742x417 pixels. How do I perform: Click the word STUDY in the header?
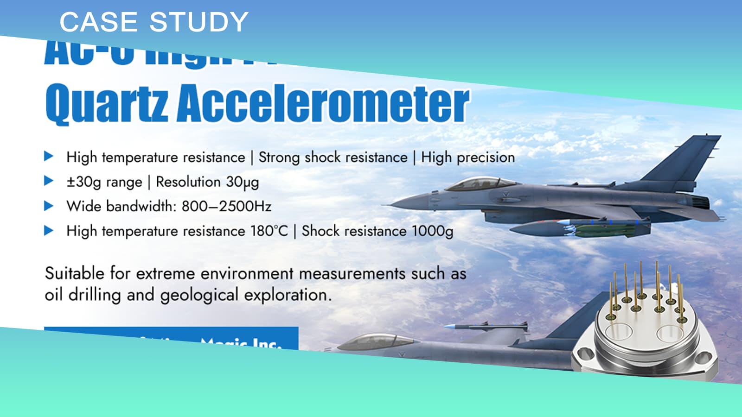pyautogui.click(x=199, y=22)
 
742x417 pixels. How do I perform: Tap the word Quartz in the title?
pyautogui.click(x=107, y=103)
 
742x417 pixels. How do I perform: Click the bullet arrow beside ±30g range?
pyautogui.click(x=49, y=181)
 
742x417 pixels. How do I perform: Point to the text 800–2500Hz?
pyautogui.click(x=226, y=206)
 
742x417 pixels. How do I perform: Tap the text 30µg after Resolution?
pyautogui.click(x=242, y=182)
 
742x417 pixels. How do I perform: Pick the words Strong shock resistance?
pyautogui.click(x=333, y=158)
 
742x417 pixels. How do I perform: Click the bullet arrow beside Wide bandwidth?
pyautogui.click(x=49, y=206)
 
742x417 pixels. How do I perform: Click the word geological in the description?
pyautogui.click(x=199, y=295)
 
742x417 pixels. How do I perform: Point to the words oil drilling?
pyautogui.click(x=83, y=295)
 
